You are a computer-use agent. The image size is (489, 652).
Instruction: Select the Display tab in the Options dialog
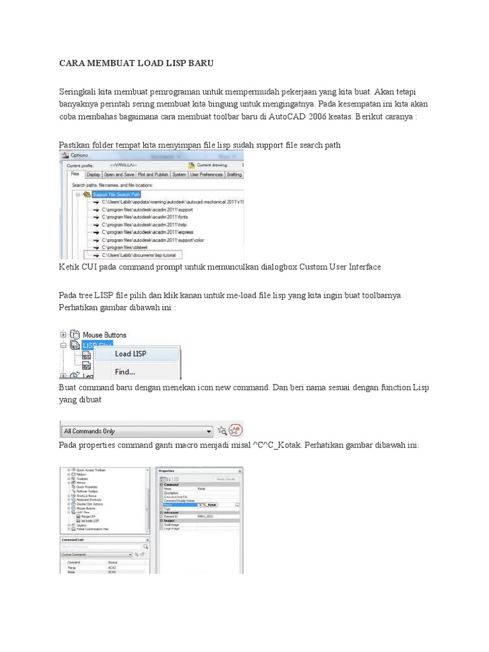click(93, 174)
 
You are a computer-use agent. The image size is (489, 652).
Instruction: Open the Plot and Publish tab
click(152, 174)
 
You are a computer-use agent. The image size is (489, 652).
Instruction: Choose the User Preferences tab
click(206, 174)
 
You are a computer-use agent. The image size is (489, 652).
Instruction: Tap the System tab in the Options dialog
click(179, 174)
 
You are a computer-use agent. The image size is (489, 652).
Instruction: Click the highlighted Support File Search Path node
click(117, 194)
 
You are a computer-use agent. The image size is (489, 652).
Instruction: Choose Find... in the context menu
click(125, 372)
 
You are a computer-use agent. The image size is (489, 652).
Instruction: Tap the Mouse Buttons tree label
click(104, 334)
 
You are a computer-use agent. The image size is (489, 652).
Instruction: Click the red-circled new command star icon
click(236, 430)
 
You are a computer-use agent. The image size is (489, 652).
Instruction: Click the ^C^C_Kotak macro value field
click(206, 504)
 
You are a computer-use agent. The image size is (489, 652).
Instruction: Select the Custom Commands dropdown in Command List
click(96, 555)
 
